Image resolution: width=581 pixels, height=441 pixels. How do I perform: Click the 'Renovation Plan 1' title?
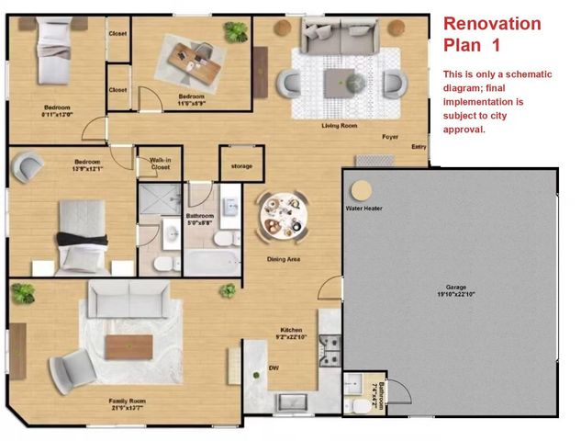[x=492, y=35]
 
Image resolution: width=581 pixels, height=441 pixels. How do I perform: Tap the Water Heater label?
[x=363, y=209]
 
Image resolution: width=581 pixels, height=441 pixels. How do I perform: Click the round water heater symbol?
[x=362, y=190]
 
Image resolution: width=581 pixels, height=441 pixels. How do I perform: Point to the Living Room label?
[x=339, y=125]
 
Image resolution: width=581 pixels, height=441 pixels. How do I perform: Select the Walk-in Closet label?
[x=160, y=164]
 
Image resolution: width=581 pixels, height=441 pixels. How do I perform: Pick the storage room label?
[x=241, y=166]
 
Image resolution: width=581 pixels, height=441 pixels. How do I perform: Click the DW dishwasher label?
[x=274, y=368]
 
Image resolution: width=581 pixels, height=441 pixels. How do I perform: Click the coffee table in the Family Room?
[x=128, y=346]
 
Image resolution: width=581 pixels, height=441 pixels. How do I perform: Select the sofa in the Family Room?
[x=128, y=298]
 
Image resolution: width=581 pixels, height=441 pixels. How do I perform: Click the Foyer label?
[x=390, y=136]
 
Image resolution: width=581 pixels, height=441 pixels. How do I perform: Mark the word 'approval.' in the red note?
[x=464, y=130]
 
